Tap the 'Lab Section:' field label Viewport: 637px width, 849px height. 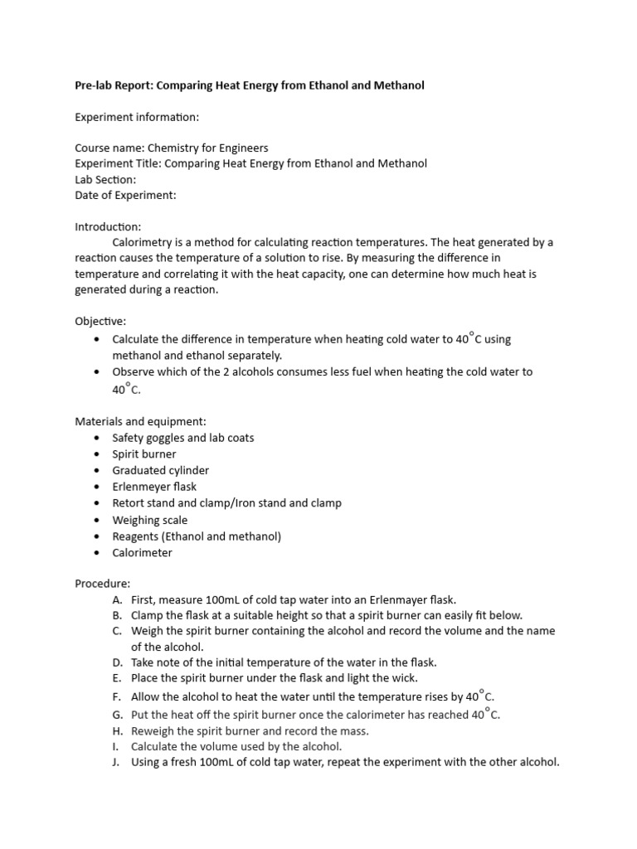pyautogui.click(x=105, y=179)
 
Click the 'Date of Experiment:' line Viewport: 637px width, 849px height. pyautogui.click(x=125, y=195)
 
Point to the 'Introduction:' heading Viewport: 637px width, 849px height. pyautogui.click(x=108, y=226)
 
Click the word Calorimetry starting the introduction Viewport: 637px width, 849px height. pyautogui.click(x=142, y=242)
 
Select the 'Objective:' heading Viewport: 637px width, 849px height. pyautogui.click(x=100, y=321)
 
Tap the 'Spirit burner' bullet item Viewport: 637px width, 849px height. pyautogui.click(x=144, y=454)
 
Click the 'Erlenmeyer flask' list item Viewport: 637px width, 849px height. pyautogui.click(x=154, y=487)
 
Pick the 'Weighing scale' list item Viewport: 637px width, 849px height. pyautogui.click(x=150, y=520)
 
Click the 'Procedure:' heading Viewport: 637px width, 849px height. pyautogui.click(x=103, y=584)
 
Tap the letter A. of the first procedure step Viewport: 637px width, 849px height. pyautogui.click(x=115, y=599)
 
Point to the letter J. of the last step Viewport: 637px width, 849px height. pyautogui.click(x=117, y=762)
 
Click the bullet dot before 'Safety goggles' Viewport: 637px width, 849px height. pyautogui.click(x=98, y=438)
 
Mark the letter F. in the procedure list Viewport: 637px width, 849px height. pyautogui.click(x=115, y=696)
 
